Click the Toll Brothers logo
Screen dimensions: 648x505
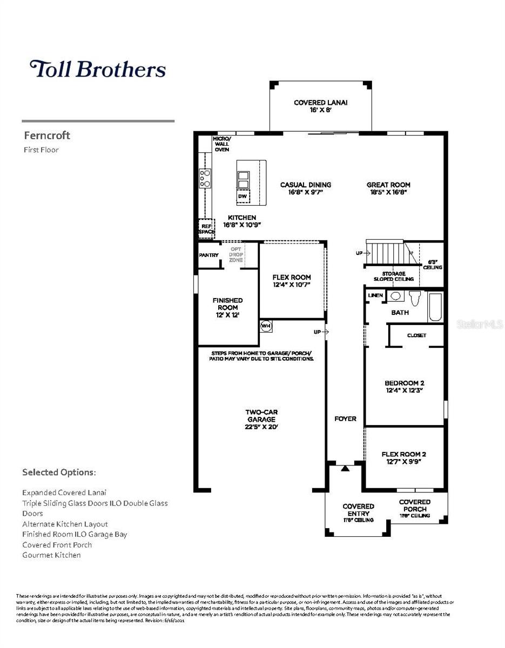pyautogui.click(x=97, y=70)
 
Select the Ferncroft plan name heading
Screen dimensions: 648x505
pyautogui.click(x=46, y=136)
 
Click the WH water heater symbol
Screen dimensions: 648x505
pyautogui.click(x=265, y=326)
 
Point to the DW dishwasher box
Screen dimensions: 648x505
pyautogui.click(x=243, y=197)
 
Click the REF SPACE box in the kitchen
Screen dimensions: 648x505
pyautogui.click(x=206, y=228)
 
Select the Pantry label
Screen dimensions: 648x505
pyautogui.click(x=208, y=255)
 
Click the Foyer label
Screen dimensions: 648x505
pyautogui.click(x=345, y=418)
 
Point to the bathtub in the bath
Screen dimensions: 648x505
pyautogui.click(x=435, y=306)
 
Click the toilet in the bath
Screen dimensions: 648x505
pyautogui.click(x=415, y=298)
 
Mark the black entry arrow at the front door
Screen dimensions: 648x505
pyautogui.click(x=345, y=468)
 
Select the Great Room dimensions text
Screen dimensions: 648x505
pyautogui.click(x=388, y=192)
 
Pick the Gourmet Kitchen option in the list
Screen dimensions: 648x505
pyautogui.click(x=51, y=555)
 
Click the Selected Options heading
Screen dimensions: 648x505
pyautogui.click(x=59, y=473)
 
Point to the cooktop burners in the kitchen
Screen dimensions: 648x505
pyautogui.click(x=205, y=178)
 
